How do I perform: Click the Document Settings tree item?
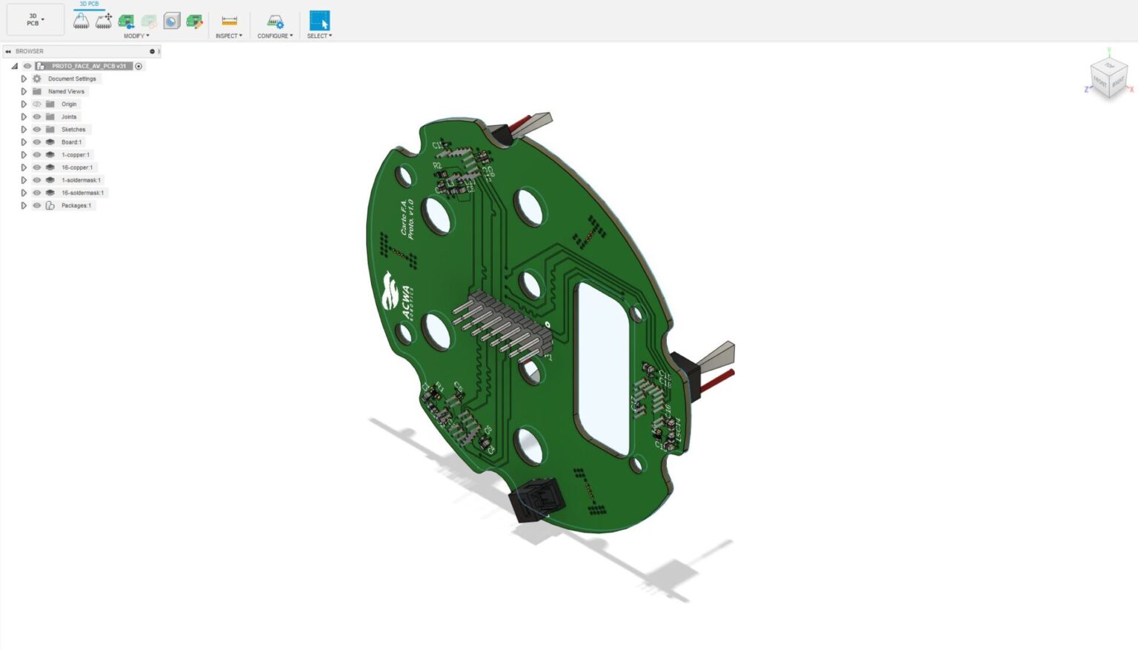pos(72,79)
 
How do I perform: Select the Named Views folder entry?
pos(66,91)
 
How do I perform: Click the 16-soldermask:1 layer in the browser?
pos(82,193)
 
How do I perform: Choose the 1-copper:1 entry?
pos(75,155)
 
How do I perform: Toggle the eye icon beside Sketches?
pos(36,130)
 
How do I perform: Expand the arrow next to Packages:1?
pos(24,205)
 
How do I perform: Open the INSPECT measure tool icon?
pos(229,21)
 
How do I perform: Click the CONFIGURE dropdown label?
pos(274,36)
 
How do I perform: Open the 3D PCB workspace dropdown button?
pos(34,20)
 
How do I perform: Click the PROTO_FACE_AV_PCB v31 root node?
pos(88,66)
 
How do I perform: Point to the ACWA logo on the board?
pos(397,296)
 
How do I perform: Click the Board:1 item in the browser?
pos(71,142)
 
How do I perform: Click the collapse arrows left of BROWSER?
pos(8,51)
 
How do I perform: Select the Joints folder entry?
pos(68,117)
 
